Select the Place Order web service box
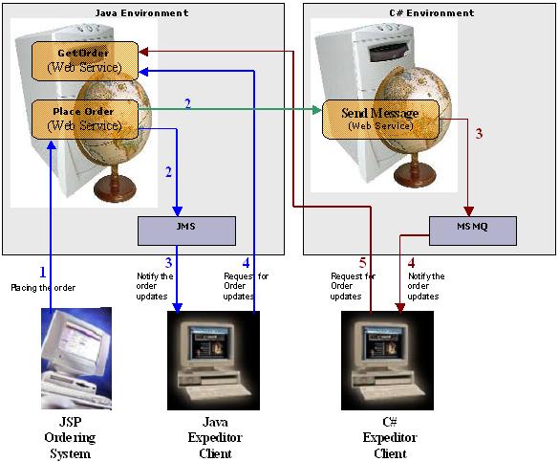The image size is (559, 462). pyautogui.click(x=85, y=119)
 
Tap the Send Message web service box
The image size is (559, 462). pyautogui.click(x=380, y=118)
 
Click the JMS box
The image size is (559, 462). pyautogui.click(x=186, y=231)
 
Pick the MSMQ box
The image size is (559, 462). pyautogui.click(x=472, y=231)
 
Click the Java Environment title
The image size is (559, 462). pyautogui.click(x=142, y=13)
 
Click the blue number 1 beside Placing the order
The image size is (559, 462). pyautogui.click(x=42, y=273)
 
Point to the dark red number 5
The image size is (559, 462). pyautogui.click(x=361, y=262)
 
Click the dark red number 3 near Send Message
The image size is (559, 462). pyautogui.click(x=479, y=134)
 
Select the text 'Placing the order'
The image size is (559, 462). pyautogui.click(x=43, y=287)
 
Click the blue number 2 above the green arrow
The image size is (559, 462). pyautogui.click(x=187, y=102)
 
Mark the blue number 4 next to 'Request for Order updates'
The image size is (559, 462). pyautogui.click(x=246, y=262)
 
